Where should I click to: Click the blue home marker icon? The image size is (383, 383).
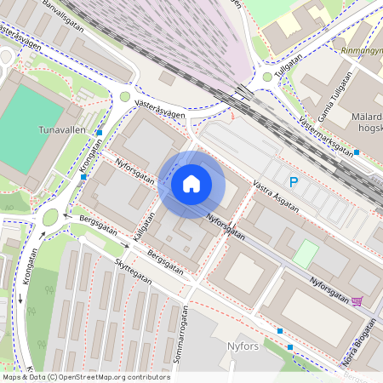tap(191, 183)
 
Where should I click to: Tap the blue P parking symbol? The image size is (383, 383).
tap(294, 181)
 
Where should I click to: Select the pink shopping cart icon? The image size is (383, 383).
tap(356, 300)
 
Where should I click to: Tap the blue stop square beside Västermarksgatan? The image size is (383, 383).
tap(357, 152)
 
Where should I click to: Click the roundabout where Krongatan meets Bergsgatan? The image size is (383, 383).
tap(50, 218)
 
